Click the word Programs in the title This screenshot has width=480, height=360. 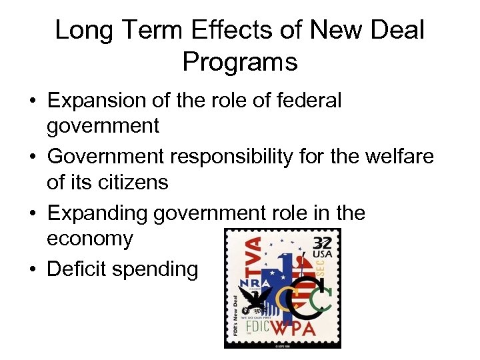point(240,62)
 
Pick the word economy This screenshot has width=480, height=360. point(90,239)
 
